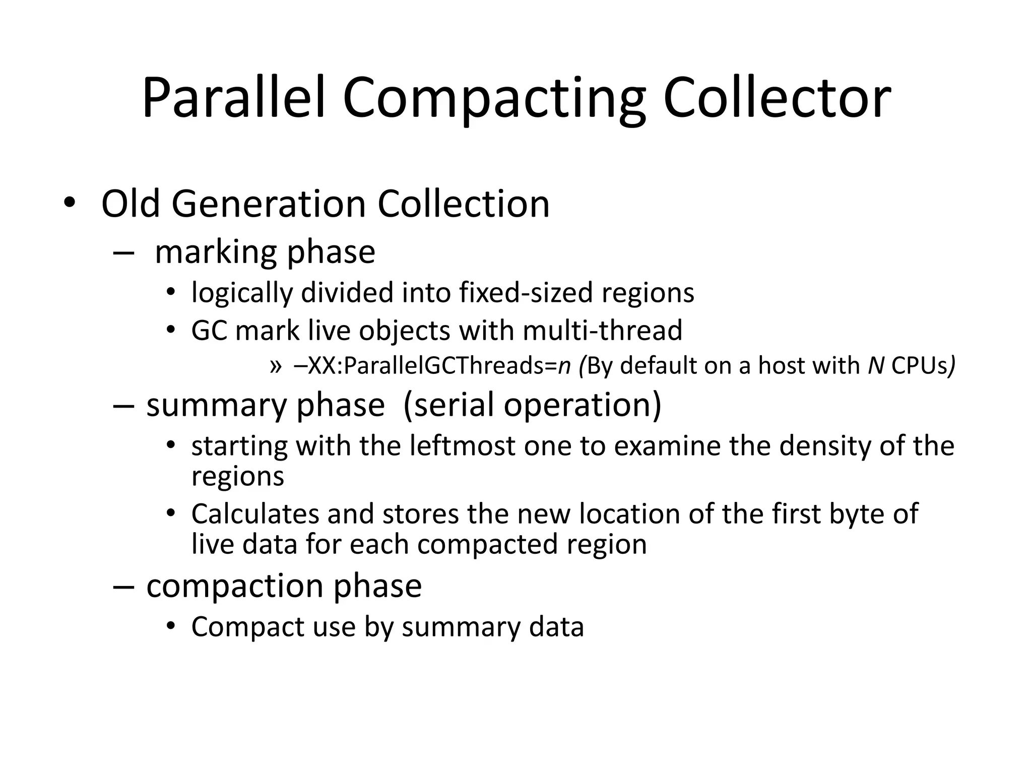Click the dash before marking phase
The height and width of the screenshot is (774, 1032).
tap(123, 252)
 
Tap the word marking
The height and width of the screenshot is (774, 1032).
tap(217, 253)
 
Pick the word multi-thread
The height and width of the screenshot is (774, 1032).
tap(603, 331)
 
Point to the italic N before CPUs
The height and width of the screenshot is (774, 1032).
tap(876, 365)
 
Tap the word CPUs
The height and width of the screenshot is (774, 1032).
tap(920, 366)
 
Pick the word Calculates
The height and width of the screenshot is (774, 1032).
tap(255, 514)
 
